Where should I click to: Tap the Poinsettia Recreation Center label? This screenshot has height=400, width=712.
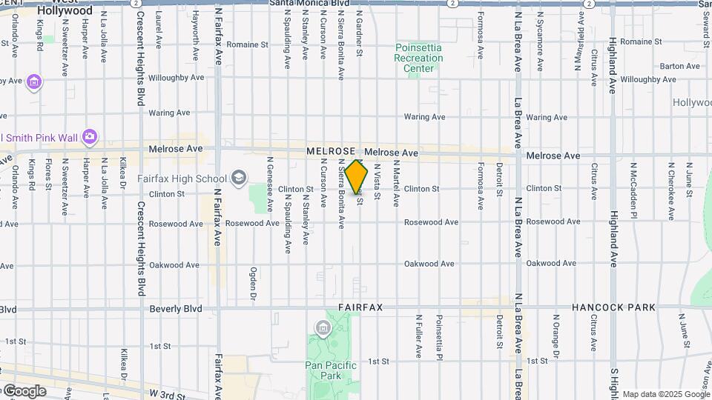tap(418, 58)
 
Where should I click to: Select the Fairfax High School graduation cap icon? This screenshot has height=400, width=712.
tap(239, 177)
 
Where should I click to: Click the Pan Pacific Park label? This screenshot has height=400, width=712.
tap(331, 370)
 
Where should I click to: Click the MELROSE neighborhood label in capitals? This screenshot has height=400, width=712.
tap(332, 152)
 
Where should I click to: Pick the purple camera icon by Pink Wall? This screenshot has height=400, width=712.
tap(90, 136)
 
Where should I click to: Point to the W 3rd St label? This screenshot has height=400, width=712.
tap(167, 395)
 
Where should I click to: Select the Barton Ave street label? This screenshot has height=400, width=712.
tap(680, 66)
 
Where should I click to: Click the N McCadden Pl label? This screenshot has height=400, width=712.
tap(633, 191)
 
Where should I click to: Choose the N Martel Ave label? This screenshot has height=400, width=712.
tap(396, 183)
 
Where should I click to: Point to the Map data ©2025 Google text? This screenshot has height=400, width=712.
tap(665, 394)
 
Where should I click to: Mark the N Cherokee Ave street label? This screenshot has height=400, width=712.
tap(670, 191)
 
